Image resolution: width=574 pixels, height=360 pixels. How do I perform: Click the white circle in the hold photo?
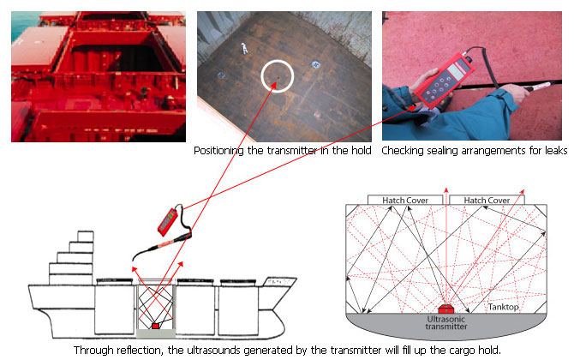[x=277, y=77]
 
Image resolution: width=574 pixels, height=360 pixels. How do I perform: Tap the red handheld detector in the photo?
[x=446, y=79]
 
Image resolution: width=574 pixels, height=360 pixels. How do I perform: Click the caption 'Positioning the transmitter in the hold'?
[x=283, y=151]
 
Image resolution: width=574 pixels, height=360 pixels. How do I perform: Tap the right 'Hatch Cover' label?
[x=487, y=200]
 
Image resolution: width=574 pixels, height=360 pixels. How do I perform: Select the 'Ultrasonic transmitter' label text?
[x=445, y=324]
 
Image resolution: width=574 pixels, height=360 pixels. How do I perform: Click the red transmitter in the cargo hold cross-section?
[x=445, y=307]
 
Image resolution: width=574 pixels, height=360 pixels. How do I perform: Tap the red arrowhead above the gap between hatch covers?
[x=445, y=188]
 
